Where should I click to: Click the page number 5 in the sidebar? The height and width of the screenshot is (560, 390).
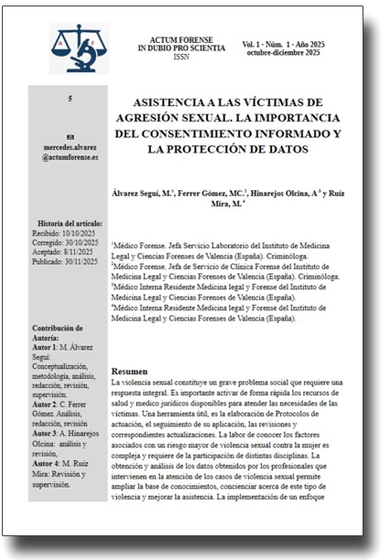pyautogui.click(x=70, y=99)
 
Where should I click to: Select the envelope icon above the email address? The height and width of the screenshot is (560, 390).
pyautogui.click(x=70, y=136)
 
